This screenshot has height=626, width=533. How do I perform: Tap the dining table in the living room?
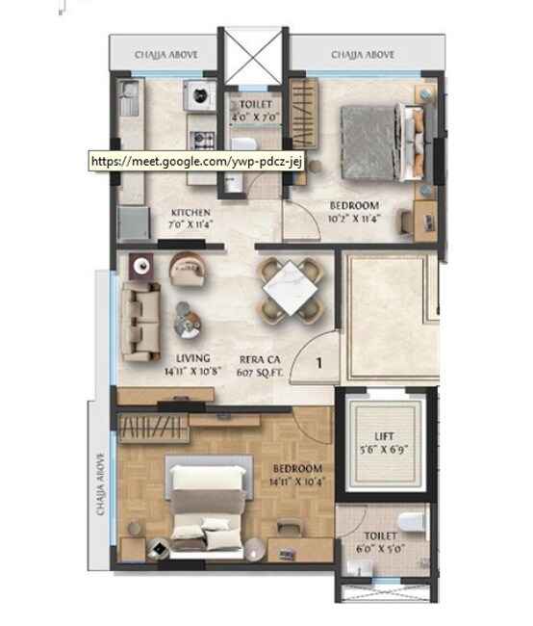[292, 286]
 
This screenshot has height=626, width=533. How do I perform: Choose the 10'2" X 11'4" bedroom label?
[354, 212]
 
